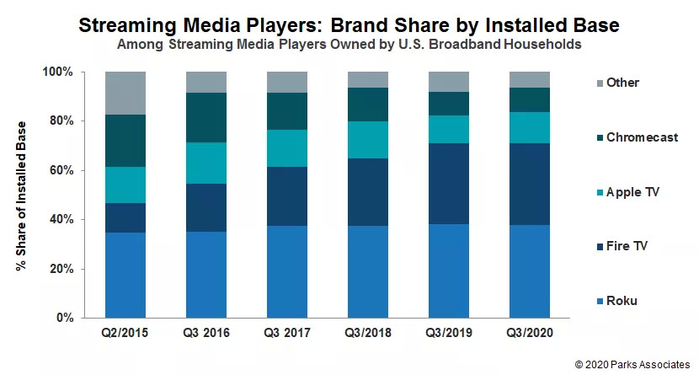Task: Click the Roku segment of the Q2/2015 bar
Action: tap(125, 275)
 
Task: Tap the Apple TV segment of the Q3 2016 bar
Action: tap(206, 163)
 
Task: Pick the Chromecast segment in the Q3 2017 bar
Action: tap(287, 110)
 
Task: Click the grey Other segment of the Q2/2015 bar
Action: tap(125, 93)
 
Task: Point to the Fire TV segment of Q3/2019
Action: tap(449, 184)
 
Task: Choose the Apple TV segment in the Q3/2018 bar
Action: tap(368, 140)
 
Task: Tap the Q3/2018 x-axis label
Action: tap(368, 334)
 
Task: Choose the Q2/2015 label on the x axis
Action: tap(125, 334)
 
